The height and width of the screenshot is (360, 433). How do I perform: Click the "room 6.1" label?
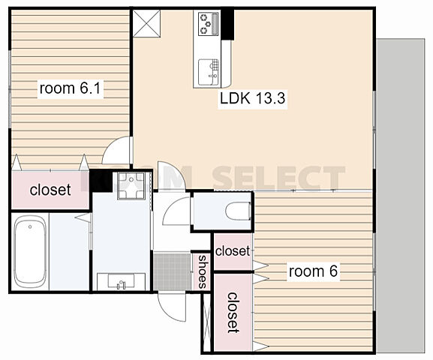(70, 88)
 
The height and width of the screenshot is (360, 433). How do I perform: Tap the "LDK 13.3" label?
(252, 98)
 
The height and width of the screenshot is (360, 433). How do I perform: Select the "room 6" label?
(313, 271)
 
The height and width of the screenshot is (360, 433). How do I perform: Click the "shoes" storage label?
(203, 272)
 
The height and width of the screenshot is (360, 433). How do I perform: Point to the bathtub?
(30, 252)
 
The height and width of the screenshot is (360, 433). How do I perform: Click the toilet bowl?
(238, 211)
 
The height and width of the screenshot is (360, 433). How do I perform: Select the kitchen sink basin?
(209, 72)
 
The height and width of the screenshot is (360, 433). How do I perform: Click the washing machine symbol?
(131, 186)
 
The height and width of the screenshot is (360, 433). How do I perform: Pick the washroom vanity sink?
(122, 281)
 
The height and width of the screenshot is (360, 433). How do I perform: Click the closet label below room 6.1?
(50, 190)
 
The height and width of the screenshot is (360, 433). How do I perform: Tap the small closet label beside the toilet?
(232, 251)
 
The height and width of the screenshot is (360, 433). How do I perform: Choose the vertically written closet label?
(233, 313)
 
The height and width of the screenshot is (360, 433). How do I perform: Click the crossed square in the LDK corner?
(146, 23)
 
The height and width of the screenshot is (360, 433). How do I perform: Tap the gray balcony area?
(401, 196)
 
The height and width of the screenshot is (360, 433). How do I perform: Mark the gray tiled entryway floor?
(173, 271)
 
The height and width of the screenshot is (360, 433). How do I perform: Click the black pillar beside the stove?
(228, 25)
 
